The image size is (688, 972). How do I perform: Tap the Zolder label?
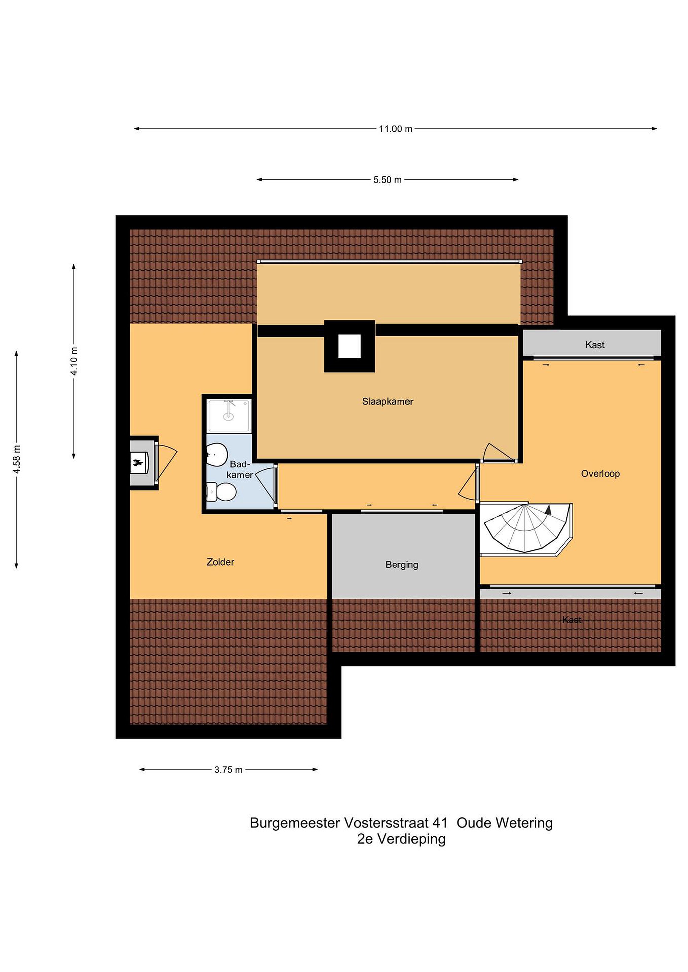point(220,562)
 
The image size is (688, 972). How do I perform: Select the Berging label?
point(402,565)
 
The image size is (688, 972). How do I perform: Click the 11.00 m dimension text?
point(395,129)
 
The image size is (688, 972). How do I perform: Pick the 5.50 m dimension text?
point(387,180)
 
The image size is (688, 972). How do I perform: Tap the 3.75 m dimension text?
point(228,769)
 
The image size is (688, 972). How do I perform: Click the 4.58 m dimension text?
point(17,459)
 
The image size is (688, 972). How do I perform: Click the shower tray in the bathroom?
point(229,415)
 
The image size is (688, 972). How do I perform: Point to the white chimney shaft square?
point(349,346)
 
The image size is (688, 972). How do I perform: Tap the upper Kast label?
point(594,345)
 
